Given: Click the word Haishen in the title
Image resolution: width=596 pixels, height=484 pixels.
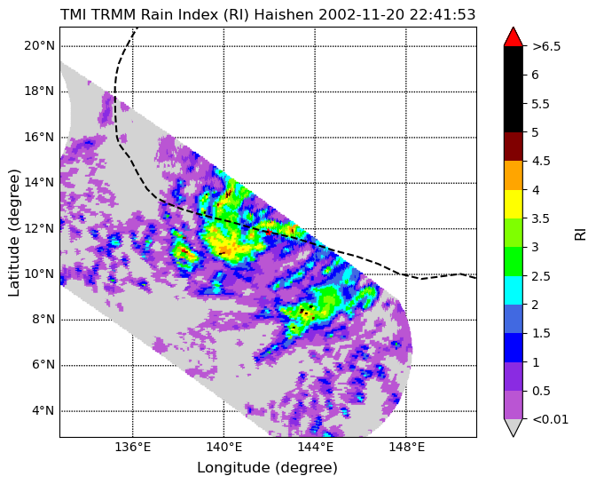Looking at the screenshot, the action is (x=284, y=15).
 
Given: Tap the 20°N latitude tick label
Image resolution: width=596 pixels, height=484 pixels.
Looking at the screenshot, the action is (x=39, y=46).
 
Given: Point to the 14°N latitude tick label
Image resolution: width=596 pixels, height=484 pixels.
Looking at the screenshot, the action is (x=39, y=183).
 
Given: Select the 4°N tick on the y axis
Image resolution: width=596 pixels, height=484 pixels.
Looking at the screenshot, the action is (x=43, y=411).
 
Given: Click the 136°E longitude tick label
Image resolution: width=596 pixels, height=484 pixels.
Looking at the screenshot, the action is (x=133, y=447).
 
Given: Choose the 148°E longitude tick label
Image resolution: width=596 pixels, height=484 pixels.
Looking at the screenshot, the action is (x=406, y=447).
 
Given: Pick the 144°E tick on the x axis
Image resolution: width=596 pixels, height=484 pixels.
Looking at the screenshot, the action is (x=315, y=447).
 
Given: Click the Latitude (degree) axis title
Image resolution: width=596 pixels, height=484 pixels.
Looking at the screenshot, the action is (x=13, y=233).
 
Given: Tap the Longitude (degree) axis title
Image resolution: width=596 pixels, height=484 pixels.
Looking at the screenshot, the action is (x=267, y=468).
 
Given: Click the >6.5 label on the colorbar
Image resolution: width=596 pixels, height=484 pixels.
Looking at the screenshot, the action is (x=546, y=46).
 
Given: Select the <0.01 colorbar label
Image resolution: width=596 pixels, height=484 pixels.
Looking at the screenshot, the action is (x=551, y=420).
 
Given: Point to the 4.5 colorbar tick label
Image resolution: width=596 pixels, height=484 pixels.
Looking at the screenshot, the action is (x=541, y=162).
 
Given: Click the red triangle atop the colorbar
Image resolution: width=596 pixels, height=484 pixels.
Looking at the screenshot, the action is (x=514, y=37).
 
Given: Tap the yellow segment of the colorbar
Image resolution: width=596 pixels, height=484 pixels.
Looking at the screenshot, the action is (x=514, y=204).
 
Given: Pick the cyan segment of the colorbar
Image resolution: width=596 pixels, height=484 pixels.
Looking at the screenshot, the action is (x=514, y=290).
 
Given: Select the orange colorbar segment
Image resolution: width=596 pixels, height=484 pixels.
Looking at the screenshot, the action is (x=514, y=176).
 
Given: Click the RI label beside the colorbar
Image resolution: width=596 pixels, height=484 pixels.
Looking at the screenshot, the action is (x=580, y=234).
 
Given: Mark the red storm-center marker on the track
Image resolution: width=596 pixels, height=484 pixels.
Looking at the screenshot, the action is (x=269, y=232).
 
